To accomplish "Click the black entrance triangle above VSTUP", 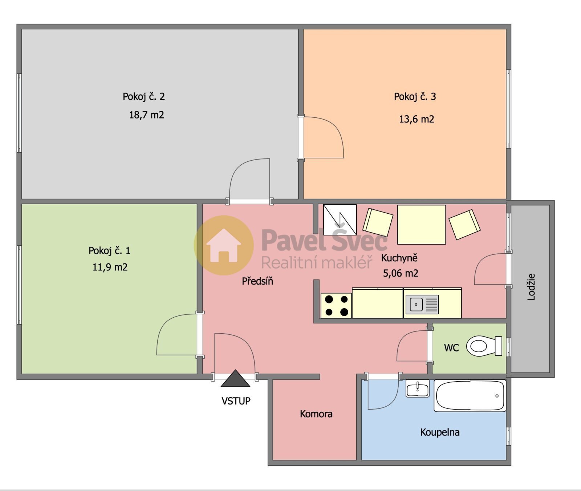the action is tap(235, 379).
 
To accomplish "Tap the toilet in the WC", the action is tap(484, 346).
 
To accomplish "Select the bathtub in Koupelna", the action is tap(470, 396).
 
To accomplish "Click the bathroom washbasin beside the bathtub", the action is tap(418, 389).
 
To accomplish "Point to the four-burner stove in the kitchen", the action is tap(336, 305).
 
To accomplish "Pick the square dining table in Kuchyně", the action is tap(421, 225).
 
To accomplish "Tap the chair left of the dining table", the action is tap(378, 222).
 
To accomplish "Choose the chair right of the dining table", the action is tap(464, 224).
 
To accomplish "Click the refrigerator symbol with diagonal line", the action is tap(340, 220).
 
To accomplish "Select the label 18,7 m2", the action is tap(147, 115).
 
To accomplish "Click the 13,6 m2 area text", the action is tap(417, 120).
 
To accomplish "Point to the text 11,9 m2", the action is tap(110, 267).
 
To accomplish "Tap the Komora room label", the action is tap(316, 414).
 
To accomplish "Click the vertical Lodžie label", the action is tap(531, 287).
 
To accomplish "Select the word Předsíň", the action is tap(257, 281).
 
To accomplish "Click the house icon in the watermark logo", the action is tap(224, 245).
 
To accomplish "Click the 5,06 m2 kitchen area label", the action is tap(401, 273).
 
